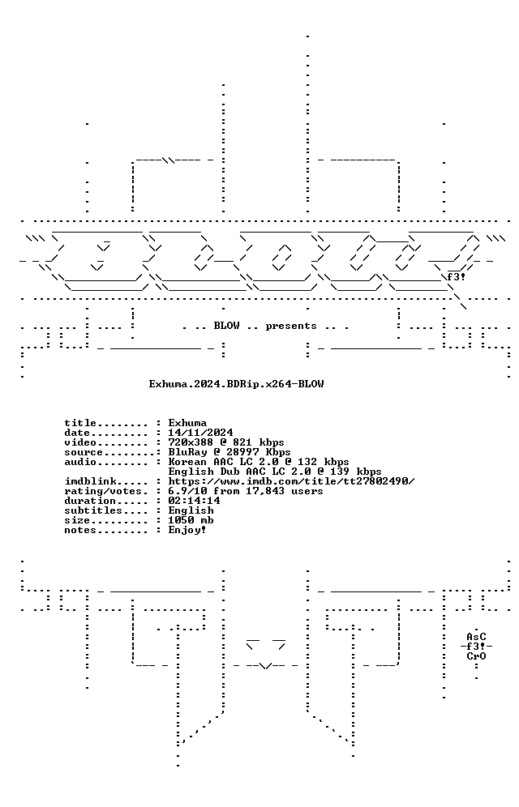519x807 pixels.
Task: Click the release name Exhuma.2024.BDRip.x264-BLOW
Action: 236,384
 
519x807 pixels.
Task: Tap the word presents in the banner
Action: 291,327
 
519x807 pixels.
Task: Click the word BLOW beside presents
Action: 226,326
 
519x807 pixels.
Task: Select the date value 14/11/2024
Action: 201,433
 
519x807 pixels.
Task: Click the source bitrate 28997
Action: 242,452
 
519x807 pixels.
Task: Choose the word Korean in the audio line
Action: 187,462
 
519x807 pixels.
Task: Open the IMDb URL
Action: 291,482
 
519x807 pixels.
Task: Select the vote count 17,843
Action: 268,492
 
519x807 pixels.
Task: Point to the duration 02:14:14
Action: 194,502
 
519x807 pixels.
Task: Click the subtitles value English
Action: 191,511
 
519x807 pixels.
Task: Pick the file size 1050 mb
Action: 191,521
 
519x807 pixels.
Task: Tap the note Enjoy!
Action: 187,531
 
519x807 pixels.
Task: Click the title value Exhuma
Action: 187,423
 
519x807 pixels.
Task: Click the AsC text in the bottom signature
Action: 476,637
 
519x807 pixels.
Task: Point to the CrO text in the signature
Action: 476,657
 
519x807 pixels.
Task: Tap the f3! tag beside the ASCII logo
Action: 457,277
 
